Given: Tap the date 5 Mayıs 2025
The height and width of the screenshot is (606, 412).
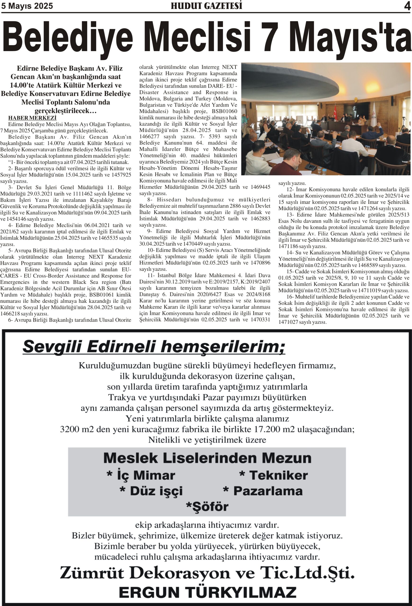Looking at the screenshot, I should coord(27,6).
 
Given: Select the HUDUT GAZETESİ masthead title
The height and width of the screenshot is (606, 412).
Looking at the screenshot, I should coord(206,6).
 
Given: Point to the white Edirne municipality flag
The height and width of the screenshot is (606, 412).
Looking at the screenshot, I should coord(374,115).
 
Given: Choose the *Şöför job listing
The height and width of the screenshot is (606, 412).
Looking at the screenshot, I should coord(207,506).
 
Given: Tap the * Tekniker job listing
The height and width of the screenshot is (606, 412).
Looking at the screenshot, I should coord(273,475).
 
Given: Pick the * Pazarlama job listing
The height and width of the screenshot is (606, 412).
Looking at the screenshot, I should coord(263,491).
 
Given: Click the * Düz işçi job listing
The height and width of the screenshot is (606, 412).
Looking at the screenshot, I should coord(151,491).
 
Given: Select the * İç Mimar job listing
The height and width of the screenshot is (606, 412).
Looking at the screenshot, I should coord(141,475).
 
